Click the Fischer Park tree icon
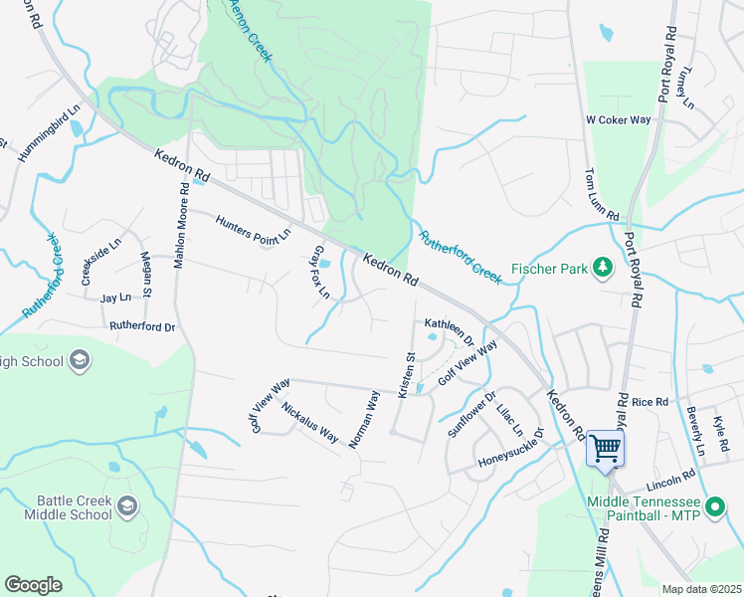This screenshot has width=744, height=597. [x=602, y=268]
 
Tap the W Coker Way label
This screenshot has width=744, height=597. [x=618, y=119]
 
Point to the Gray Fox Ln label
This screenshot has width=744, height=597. [x=321, y=272]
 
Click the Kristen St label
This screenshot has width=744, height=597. [x=406, y=374]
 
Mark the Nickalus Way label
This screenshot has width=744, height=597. [x=309, y=422]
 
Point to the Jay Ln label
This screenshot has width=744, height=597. [x=115, y=298]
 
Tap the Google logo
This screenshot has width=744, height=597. [x=33, y=585]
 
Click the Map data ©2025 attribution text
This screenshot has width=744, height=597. [x=701, y=589]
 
